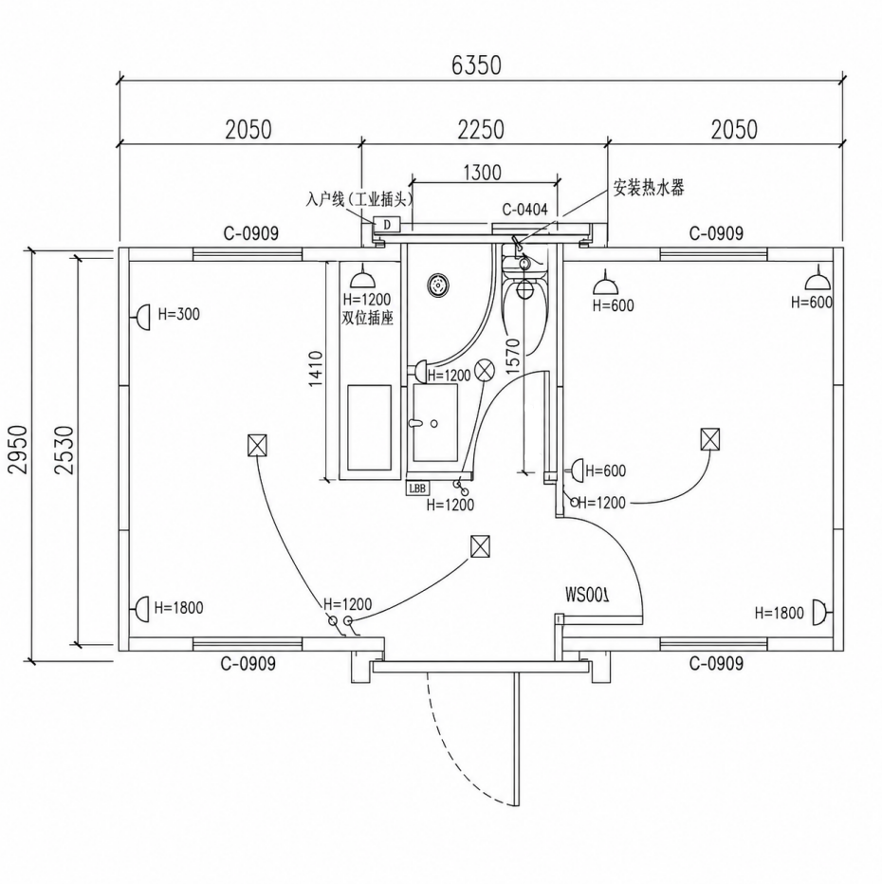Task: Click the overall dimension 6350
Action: click(476, 64)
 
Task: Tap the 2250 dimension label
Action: click(481, 130)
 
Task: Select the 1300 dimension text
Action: click(483, 172)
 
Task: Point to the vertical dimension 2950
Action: click(17, 450)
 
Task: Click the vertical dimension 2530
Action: click(64, 450)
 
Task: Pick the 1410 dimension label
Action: click(316, 369)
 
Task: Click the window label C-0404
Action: click(524, 210)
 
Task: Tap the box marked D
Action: click(387, 225)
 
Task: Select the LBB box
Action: click(417, 488)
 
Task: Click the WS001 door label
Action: click(587, 595)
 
